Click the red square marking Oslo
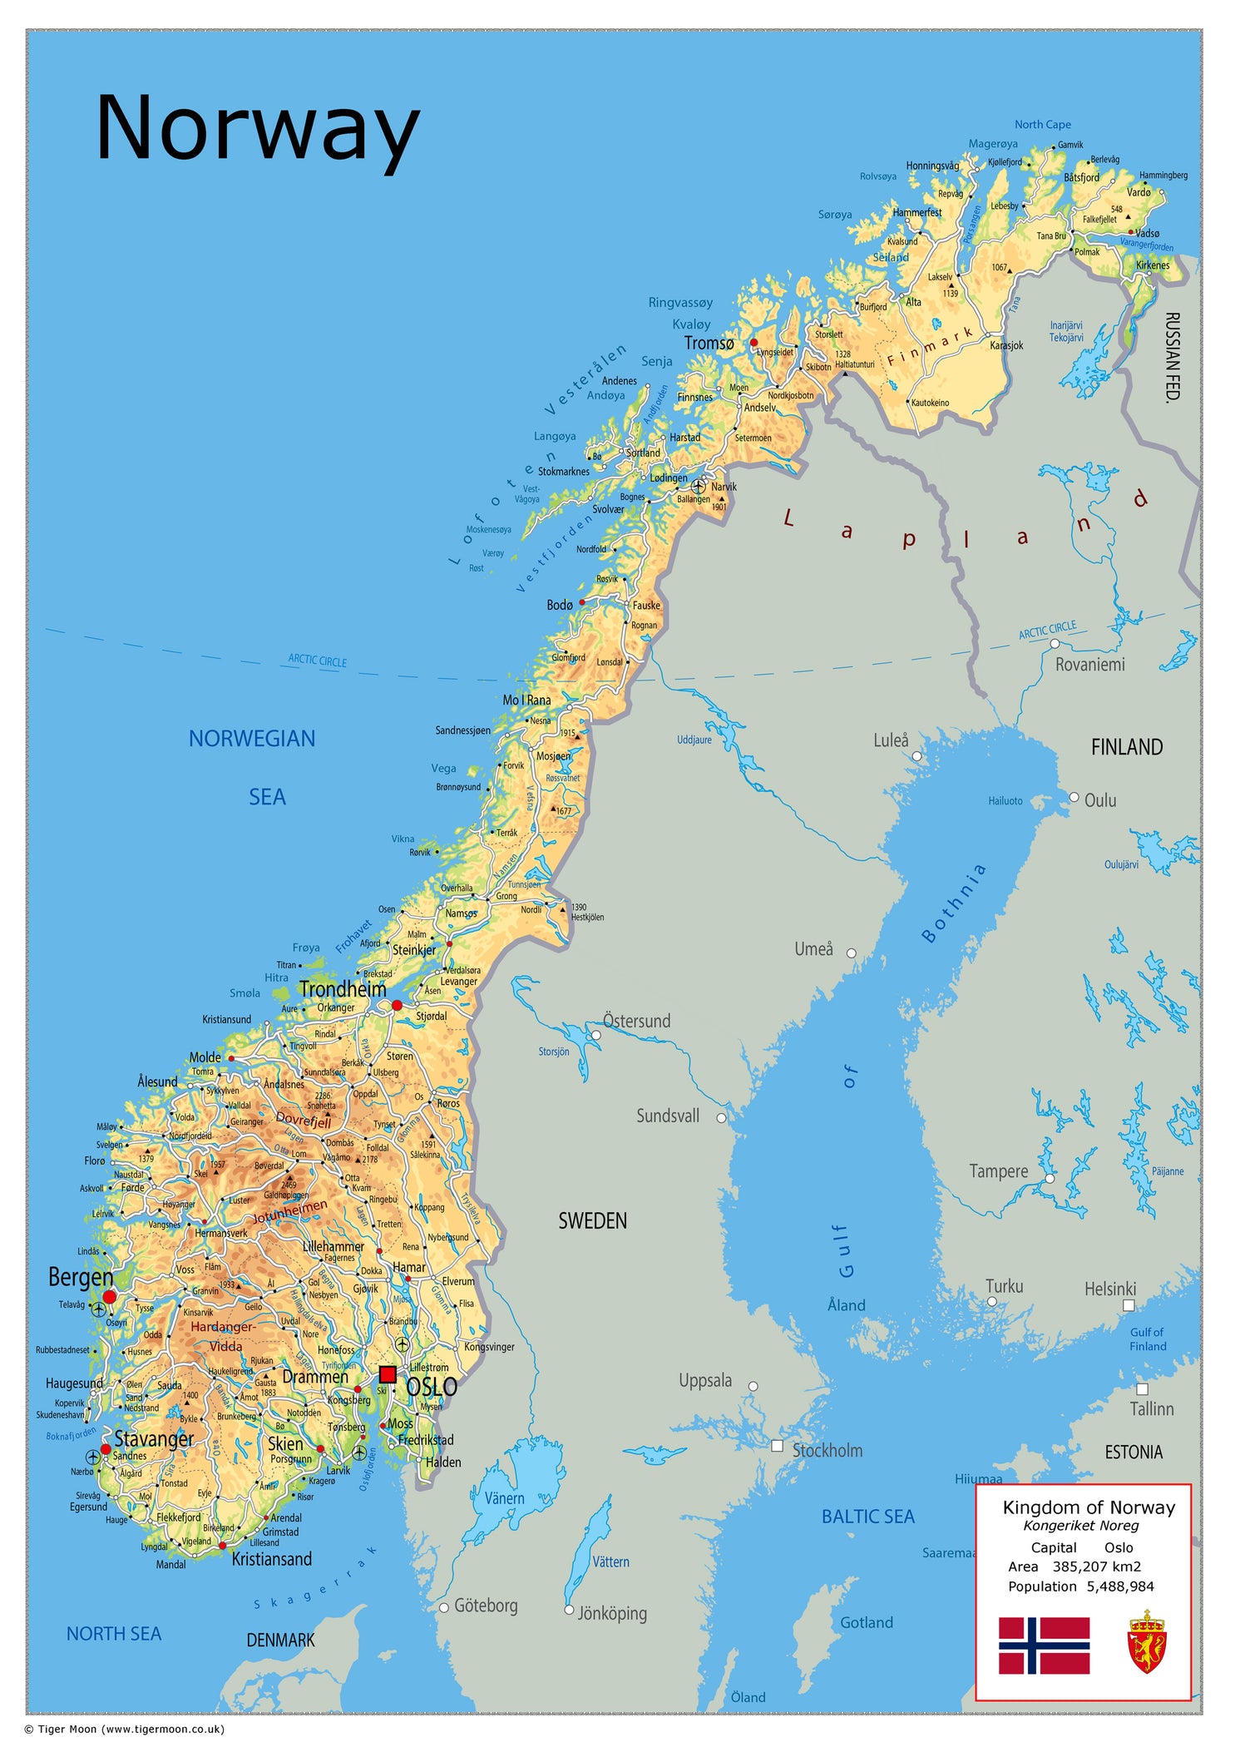[387, 1373]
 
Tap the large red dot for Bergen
[110, 1296]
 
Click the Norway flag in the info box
[1044, 1645]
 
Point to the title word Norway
[257, 128]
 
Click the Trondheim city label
[343, 989]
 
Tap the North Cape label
[1042, 125]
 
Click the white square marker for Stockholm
[777, 1446]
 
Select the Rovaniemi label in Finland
[1089, 664]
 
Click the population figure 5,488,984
[1120, 1586]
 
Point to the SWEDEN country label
[592, 1221]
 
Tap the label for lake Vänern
[504, 1498]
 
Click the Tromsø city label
[709, 343]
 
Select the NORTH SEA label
[114, 1634]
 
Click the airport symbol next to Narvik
[699, 486]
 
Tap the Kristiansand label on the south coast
[271, 1559]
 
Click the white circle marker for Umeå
[851, 953]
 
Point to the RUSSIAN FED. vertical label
[1172, 358]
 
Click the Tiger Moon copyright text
[125, 1729]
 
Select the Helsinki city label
[1109, 1289]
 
